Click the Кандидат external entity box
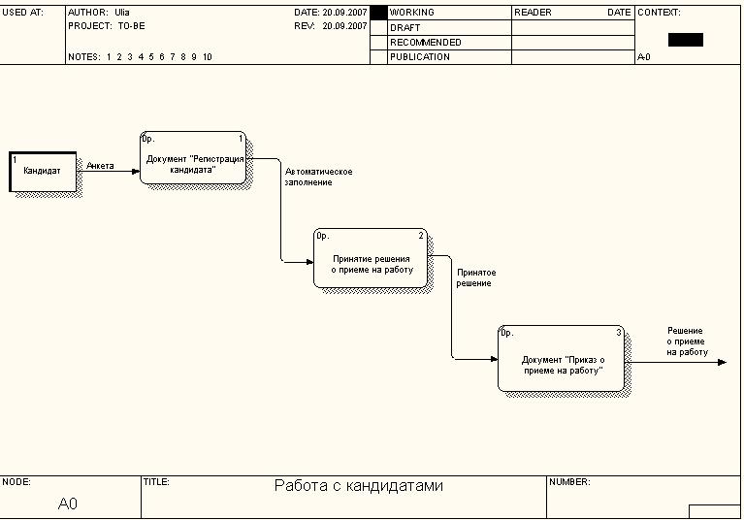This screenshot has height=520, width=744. coord(43,172)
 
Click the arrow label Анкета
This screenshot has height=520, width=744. coord(100,166)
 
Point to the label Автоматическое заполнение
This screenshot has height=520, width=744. coord(318,177)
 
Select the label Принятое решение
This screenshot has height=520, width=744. coord(475,278)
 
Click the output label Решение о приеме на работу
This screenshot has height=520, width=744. coord(687,341)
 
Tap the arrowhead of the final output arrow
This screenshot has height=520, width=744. coord(721,363)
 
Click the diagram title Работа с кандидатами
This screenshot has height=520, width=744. coord(358,486)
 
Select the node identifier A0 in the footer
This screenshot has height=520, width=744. coord(68,504)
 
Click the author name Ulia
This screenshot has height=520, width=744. coord(122,13)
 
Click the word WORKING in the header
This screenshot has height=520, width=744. coord(412,13)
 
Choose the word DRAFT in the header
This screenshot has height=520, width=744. coord(405,28)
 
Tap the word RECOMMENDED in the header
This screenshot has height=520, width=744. coord(426,43)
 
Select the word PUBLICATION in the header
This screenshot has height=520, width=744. coord(420,57)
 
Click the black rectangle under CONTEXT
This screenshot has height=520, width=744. coord(685,40)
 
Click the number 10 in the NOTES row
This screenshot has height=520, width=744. coord(208,57)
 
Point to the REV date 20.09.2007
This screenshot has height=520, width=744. coord(344,27)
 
